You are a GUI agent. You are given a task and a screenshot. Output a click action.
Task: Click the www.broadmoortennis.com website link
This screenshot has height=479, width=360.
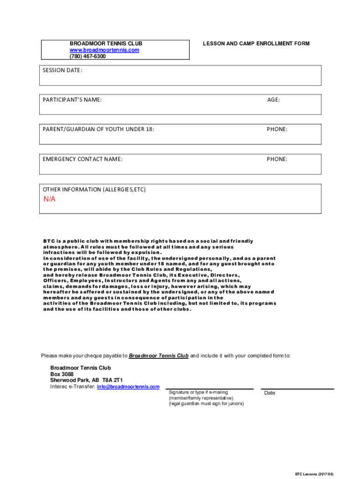104,50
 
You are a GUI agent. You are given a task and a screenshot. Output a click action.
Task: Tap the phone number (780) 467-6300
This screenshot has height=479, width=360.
88,56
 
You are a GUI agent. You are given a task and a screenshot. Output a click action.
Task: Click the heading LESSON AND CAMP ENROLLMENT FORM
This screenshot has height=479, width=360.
256,44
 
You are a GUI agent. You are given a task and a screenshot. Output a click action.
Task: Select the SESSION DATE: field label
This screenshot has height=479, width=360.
63,71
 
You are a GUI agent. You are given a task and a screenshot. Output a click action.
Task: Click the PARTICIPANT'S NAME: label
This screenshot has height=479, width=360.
72,100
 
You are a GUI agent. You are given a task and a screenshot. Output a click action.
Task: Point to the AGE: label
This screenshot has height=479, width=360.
274,100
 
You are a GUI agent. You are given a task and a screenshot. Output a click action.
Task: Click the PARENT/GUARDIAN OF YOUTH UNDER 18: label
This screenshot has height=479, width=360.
99,129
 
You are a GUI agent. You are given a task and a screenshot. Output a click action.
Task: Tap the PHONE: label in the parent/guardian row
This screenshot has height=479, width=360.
277,129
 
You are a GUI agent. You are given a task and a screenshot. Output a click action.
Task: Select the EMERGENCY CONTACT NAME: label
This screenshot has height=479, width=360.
83,159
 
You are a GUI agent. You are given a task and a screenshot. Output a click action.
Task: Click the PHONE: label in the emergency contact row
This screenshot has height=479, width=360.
277,159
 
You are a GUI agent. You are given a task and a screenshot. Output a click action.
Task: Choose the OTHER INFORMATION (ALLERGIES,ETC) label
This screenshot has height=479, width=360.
94,189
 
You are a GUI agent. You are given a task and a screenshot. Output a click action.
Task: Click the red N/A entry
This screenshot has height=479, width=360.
50,199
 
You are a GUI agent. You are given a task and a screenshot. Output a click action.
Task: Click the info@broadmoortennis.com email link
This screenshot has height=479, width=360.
128,387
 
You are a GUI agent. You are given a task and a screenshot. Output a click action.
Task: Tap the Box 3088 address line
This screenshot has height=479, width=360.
62,375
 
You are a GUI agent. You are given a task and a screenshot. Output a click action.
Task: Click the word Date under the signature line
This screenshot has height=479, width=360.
270,393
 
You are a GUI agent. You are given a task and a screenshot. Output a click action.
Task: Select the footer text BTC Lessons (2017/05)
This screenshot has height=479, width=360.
314,474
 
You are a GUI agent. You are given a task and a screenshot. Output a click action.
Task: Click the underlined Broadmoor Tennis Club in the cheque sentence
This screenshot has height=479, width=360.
158,356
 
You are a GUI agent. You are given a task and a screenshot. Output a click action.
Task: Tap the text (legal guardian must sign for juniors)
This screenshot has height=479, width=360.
206,404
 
